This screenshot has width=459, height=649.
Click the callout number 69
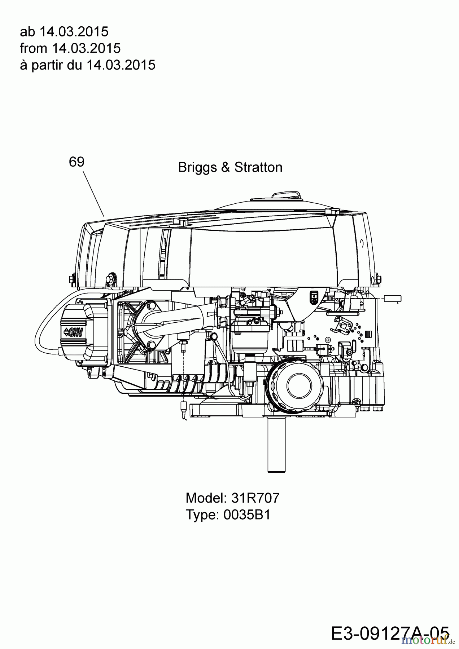(76, 162)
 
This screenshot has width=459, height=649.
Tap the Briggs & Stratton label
(230, 167)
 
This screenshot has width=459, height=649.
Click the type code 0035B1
(247, 515)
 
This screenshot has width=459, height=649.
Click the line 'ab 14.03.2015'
(64, 32)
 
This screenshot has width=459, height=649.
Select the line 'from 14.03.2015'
(70, 48)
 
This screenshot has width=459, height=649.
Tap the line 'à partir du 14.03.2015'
(87, 65)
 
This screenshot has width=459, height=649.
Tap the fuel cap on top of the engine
(287, 197)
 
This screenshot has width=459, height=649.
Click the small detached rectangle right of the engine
(393, 298)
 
